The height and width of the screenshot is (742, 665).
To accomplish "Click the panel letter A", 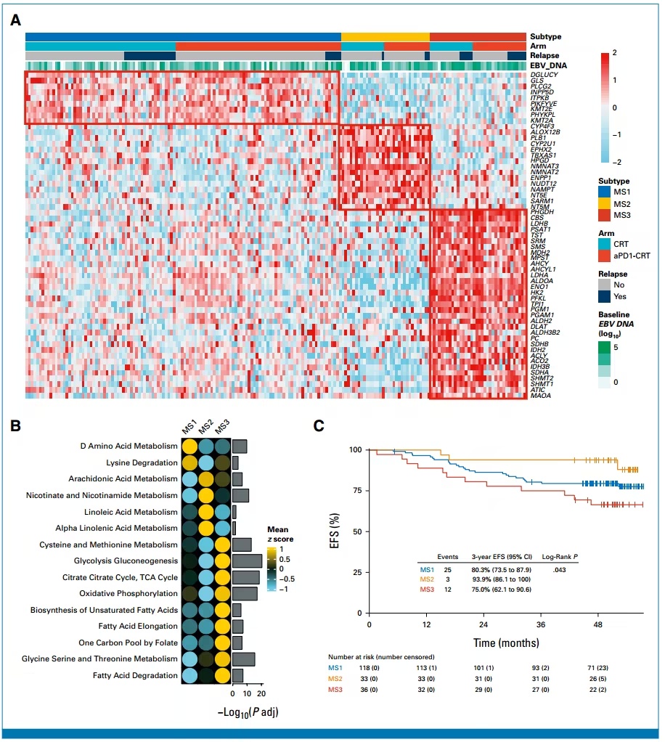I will [15, 20].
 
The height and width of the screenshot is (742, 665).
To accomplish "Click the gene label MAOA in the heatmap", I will [540, 396].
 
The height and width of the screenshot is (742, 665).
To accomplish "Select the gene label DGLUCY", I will [544, 74].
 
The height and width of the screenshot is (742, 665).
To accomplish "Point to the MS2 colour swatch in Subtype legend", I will [603, 205].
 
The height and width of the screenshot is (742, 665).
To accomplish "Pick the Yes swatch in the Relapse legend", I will [603, 296].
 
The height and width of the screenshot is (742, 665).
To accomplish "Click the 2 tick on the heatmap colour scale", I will [615, 53].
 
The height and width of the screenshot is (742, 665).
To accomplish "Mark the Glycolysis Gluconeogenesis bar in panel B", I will [248, 560].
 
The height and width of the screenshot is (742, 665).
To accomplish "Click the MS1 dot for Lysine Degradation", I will [188, 463].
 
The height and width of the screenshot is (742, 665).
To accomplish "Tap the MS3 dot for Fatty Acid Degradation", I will [223, 675].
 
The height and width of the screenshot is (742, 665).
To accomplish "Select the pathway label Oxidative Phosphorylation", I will [128, 594].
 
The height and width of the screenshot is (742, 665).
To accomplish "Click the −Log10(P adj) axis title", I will [248, 712].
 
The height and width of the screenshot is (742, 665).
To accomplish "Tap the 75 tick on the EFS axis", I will [357, 490].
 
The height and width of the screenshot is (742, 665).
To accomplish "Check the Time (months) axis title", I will [507, 642].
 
